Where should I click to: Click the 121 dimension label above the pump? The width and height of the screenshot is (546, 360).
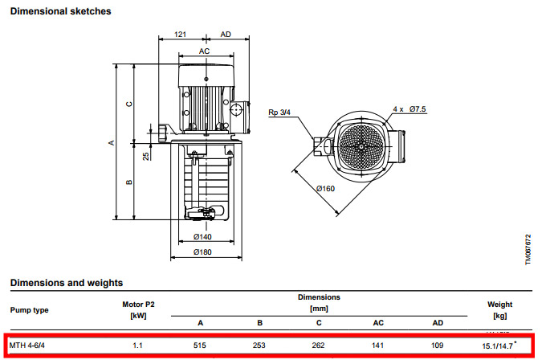(x=180, y=35)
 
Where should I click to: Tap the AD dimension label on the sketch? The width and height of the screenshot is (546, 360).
(x=226, y=35)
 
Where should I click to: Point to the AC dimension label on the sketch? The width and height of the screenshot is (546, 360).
(x=205, y=51)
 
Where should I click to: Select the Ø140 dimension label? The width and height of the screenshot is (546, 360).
(x=202, y=237)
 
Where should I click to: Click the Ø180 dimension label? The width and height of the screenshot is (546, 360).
(x=202, y=252)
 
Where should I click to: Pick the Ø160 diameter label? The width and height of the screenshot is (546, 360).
(x=325, y=189)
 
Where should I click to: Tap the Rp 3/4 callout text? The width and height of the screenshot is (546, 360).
(x=279, y=112)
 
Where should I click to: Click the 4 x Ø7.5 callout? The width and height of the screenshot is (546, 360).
(x=409, y=109)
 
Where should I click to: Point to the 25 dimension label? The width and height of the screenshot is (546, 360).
(x=146, y=156)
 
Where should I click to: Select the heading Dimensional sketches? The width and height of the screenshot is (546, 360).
(x=60, y=11)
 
